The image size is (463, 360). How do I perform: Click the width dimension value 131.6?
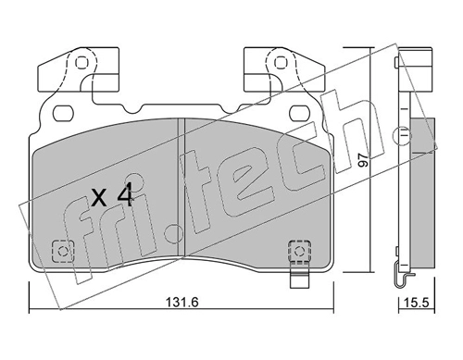pyautogui.click(x=182, y=302)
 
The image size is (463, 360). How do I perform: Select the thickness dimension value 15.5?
pyautogui.click(x=417, y=303)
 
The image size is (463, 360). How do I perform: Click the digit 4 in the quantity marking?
pyautogui.click(x=124, y=194)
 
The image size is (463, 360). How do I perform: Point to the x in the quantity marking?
pyautogui.click(x=99, y=198)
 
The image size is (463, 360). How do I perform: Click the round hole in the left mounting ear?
pyautogui.click(x=81, y=63)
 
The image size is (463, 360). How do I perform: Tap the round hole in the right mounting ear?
pyautogui.click(x=280, y=63)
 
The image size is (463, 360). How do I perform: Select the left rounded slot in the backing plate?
pyautogui.click(x=63, y=113)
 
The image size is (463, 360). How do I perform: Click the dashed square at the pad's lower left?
pyautogui.click(x=63, y=251)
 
